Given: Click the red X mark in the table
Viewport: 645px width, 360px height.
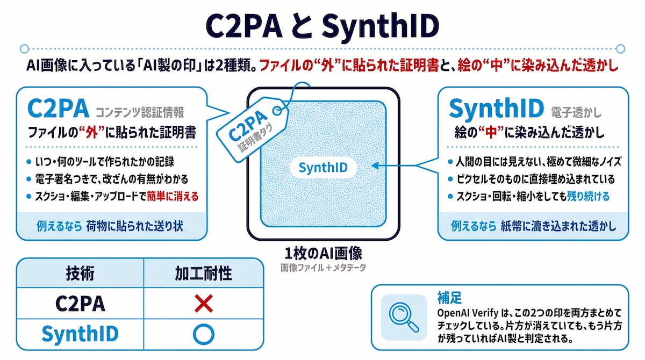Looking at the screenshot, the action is [204, 303].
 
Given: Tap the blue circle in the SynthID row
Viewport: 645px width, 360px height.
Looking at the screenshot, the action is [204, 334].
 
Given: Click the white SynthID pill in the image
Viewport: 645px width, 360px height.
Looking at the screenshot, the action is [323, 167].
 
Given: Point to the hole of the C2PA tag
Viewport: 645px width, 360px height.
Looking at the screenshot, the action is [277, 111].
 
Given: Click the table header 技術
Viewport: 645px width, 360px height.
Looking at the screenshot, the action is [80, 273].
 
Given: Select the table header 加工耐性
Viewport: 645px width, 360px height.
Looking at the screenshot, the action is [203, 273].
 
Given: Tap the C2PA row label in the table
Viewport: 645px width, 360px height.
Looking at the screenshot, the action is [80, 304].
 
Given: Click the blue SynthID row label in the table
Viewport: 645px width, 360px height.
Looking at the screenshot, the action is [80, 334].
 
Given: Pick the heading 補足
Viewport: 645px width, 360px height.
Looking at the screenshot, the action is [449, 298].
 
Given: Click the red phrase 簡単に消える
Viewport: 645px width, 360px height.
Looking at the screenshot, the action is [173, 197].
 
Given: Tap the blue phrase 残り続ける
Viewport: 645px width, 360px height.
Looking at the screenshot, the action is [588, 197].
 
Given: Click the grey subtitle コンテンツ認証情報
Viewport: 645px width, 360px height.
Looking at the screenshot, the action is [140, 112].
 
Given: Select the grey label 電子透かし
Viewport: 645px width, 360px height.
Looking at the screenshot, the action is [576, 112].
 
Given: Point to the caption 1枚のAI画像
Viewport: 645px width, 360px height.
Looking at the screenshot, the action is [324, 254].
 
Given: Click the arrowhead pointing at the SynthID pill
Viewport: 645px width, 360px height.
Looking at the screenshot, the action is [375, 165].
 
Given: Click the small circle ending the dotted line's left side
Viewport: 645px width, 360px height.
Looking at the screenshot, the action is [25, 49].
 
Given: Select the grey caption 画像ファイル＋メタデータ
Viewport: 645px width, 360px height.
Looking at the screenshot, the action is [324, 268].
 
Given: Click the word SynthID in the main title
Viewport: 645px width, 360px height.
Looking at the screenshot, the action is [381, 26].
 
